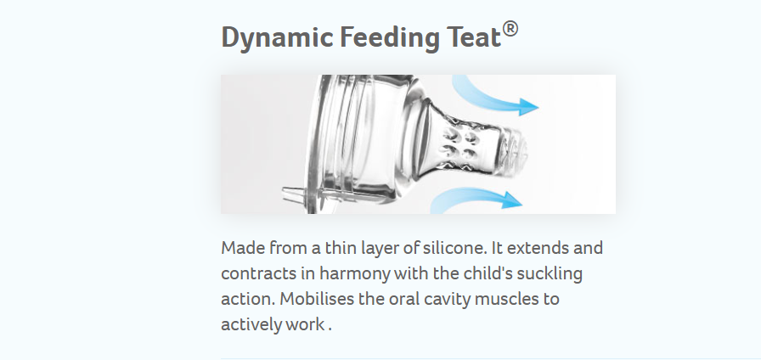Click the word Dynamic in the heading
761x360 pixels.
pyautogui.click(x=277, y=38)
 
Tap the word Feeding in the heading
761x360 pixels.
pyautogui.click(x=390, y=38)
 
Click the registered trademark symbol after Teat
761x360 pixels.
pyautogui.click(x=510, y=29)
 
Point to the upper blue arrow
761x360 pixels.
pyautogui.click(x=490, y=100)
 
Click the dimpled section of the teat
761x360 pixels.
pyautogui.click(x=459, y=144)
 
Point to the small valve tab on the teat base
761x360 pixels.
pyautogui.click(x=294, y=195)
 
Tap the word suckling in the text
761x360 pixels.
pyautogui.click(x=550, y=273)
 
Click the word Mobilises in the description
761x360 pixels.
pyautogui.click(x=317, y=298)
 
